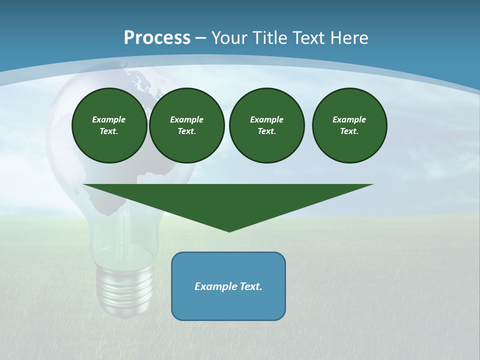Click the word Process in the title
[x=157, y=38]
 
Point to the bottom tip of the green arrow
[x=229, y=230]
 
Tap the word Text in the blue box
[x=251, y=286]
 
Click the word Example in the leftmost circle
[x=109, y=119]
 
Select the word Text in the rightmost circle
[x=349, y=131]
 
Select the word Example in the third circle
[x=266, y=119]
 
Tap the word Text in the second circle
[x=186, y=131]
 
